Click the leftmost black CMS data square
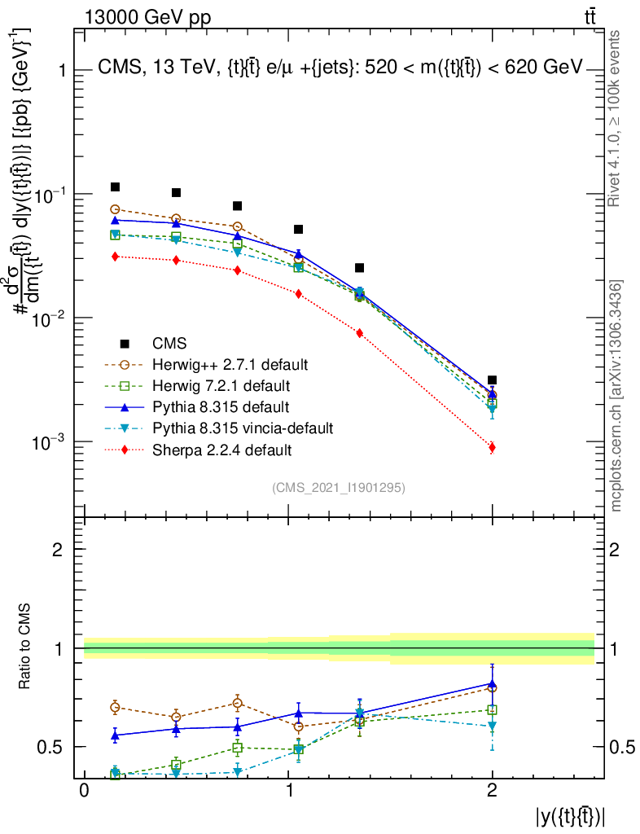pyautogui.click(x=115, y=187)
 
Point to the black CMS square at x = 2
pyautogui.click(x=492, y=380)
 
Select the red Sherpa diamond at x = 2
pyautogui.click(x=492, y=446)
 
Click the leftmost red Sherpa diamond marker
pyautogui.click(x=115, y=257)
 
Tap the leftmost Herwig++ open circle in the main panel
pyautogui.click(x=115, y=209)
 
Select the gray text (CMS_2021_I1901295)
pyautogui.click(x=339, y=487)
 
